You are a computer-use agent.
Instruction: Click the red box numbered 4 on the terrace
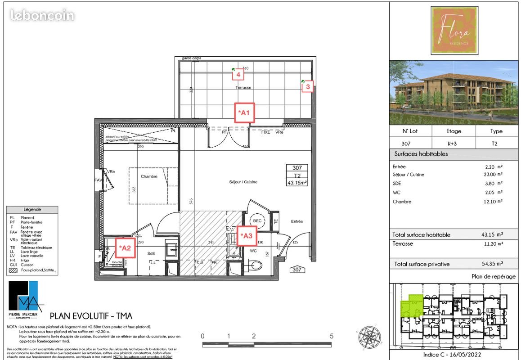coord(238,74)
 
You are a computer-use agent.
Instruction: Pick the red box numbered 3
coord(307,86)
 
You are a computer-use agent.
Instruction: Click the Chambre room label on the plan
coord(149,177)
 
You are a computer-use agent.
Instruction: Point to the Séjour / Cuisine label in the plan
coord(243,182)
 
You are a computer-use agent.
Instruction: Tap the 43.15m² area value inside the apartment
coord(297,183)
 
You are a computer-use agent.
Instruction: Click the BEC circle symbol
coord(257,221)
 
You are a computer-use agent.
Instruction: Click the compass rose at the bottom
coord(370,336)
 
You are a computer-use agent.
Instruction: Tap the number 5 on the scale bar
coord(331,336)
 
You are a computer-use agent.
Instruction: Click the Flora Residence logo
coord(454,31)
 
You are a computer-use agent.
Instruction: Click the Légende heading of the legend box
coord(32,210)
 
